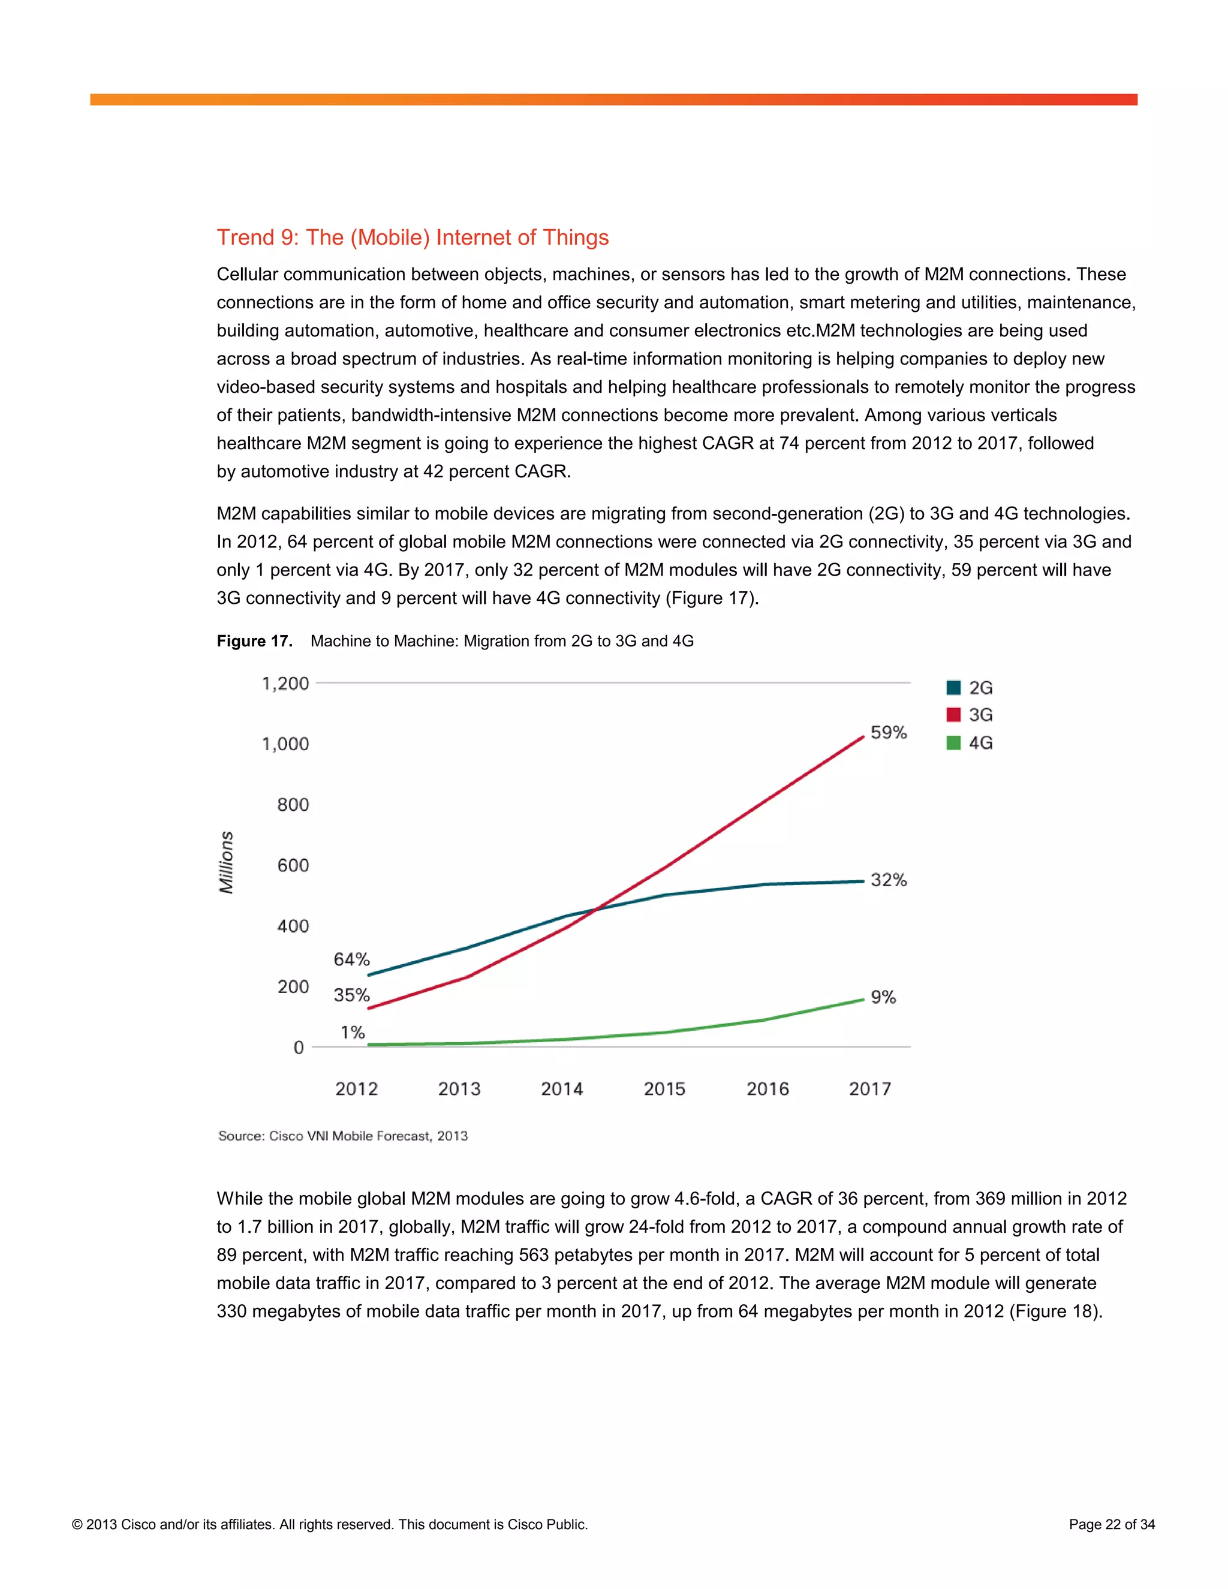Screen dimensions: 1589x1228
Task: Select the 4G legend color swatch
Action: tap(953, 743)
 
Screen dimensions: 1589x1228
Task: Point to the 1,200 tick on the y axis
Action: tap(285, 683)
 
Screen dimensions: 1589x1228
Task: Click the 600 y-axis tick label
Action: tap(293, 865)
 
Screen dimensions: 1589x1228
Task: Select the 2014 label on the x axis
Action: tap(562, 1089)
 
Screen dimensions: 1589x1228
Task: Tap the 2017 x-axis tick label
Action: tap(869, 1089)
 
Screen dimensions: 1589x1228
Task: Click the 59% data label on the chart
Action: tap(888, 733)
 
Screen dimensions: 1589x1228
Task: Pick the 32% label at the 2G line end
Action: tap(888, 880)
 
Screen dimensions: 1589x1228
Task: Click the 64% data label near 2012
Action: tap(351, 959)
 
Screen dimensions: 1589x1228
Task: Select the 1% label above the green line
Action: tap(353, 1033)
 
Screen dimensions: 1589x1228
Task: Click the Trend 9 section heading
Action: tap(413, 237)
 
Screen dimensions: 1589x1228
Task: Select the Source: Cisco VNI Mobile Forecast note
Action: tap(342, 1136)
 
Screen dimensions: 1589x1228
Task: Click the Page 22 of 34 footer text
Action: tap(1112, 1524)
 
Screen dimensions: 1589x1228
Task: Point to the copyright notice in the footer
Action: tap(330, 1524)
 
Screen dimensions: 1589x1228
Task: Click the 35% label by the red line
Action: tap(351, 995)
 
